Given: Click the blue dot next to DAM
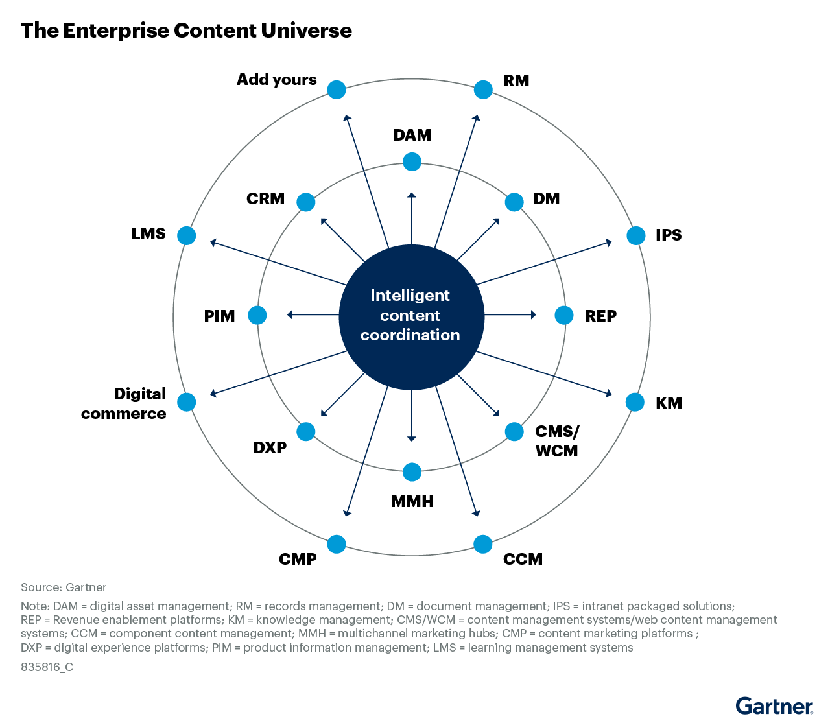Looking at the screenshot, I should pyautogui.click(x=412, y=161).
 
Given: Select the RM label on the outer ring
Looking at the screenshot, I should pyautogui.click(x=516, y=80).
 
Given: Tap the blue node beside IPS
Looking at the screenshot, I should pyautogui.click(x=636, y=235).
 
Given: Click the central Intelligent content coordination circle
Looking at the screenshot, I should pyautogui.click(x=411, y=316).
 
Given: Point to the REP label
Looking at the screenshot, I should pyautogui.click(x=600, y=316).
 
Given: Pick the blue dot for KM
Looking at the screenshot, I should pyautogui.click(x=635, y=402).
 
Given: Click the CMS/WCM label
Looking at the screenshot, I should pyautogui.click(x=556, y=441).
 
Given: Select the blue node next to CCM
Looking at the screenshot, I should pyautogui.click(x=482, y=544).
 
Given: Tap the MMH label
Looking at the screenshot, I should pyautogui.click(x=412, y=501).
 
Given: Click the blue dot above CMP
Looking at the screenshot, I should pyautogui.click(x=337, y=544).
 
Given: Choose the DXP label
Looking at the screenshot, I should pyautogui.click(x=270, y=447).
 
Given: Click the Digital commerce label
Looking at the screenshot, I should pyautogui.click(x=124, y=403).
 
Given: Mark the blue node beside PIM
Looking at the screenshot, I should pyautogui.click(x=257, y=315).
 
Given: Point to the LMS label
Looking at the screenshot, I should pyautogui.click(x=148, y=233).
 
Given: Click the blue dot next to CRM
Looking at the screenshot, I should pyautogui.click(x=306, y=202).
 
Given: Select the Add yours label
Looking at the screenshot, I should pyautogui.click(x=277, y=80).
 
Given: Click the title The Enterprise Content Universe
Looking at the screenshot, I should pyautogui.click(x=186, y=30).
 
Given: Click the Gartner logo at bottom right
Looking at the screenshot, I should pyautogui.click(x=774, y=705).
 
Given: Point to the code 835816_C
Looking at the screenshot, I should pyautogui.click(x=47, y=667).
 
